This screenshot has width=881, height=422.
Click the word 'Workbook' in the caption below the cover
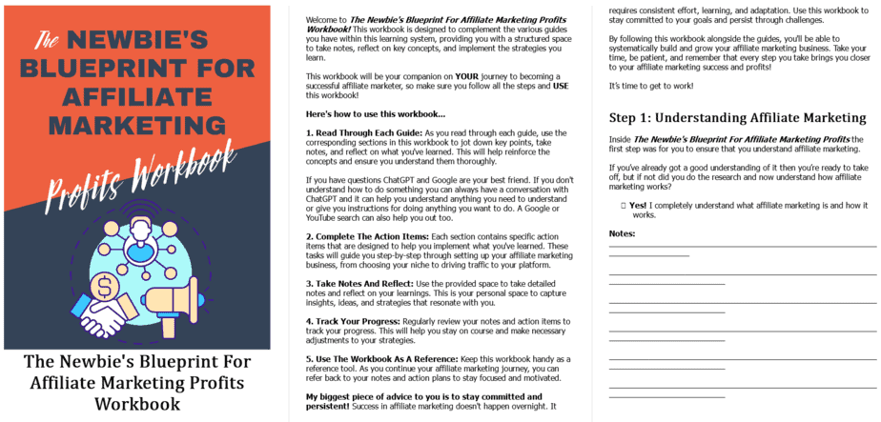137,403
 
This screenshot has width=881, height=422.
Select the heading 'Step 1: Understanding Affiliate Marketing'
737,118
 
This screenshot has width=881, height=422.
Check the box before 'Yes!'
623,205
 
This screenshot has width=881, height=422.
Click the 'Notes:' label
622,234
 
